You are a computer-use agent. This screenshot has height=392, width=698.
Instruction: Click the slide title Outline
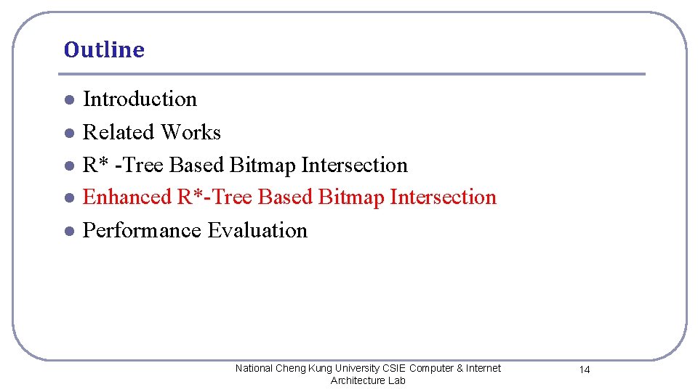coord(104,50)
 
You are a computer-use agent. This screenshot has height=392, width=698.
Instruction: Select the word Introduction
coord(140,99)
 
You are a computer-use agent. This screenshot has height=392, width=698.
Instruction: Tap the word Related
coord(119,132)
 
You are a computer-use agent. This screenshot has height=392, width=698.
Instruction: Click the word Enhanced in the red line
coord(127,197)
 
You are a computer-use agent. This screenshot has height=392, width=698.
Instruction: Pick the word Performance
coord(143,231)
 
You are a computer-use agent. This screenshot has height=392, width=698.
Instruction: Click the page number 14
coord(585,370)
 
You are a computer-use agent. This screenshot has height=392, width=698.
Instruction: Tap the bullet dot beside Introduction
coord(68,100)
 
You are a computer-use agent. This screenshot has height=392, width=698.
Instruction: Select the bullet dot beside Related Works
coord(68,134)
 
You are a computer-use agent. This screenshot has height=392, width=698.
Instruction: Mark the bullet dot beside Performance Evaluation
coord(68,232)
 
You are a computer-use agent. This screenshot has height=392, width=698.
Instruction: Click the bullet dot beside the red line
coord(68,198)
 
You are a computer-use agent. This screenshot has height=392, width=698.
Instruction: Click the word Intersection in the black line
coord(354,165)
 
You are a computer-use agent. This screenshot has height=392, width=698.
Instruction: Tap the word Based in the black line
coord(197,165)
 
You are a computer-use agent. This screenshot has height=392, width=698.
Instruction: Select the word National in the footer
coord(254,368)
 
